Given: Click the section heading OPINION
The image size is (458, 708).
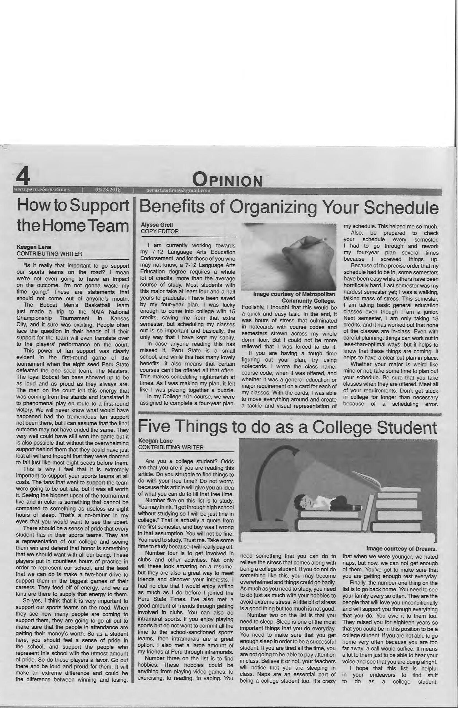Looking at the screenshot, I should [x=228, y=180].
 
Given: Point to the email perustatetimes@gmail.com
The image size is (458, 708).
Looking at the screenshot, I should [x=178, y=190].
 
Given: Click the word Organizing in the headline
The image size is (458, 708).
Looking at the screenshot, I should [x=273, y=207].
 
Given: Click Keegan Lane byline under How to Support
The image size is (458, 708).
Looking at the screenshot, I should [x=34, y=247].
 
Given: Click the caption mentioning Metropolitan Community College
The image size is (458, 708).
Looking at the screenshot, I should [x=294, y=297].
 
